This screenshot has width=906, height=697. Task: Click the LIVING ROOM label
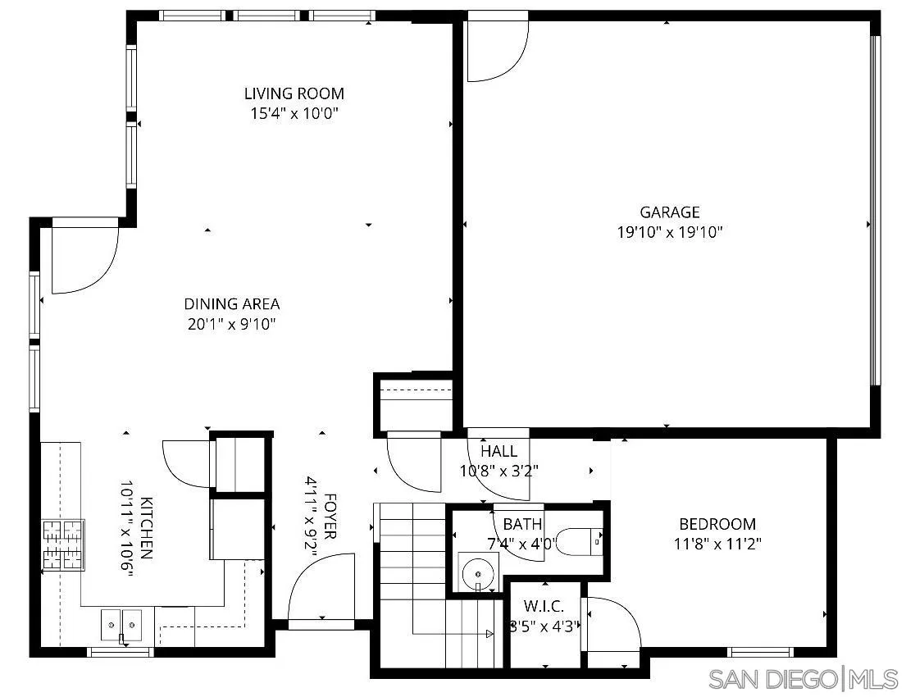coord(294,93)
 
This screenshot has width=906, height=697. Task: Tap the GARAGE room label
coord(670,212)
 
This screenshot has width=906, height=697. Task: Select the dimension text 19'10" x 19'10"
coord(670,232)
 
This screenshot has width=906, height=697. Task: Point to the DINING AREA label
coord(231,304)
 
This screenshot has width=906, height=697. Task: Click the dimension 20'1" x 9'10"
coord(231,324)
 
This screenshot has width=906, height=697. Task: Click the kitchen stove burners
coord(63,545)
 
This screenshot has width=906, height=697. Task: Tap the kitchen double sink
coord(121,624)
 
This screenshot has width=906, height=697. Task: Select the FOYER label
coord(330,516)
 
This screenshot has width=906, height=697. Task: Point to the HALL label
coord(499,451)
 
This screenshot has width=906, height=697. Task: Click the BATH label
coord(522,524)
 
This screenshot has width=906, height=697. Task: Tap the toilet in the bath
coord(587,541)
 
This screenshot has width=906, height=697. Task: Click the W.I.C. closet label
coord(544,607)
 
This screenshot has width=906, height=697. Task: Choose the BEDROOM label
coord(717,524)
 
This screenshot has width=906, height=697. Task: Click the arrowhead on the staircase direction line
coord(489,634)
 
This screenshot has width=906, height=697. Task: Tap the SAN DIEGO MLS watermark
coord(804,679)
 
